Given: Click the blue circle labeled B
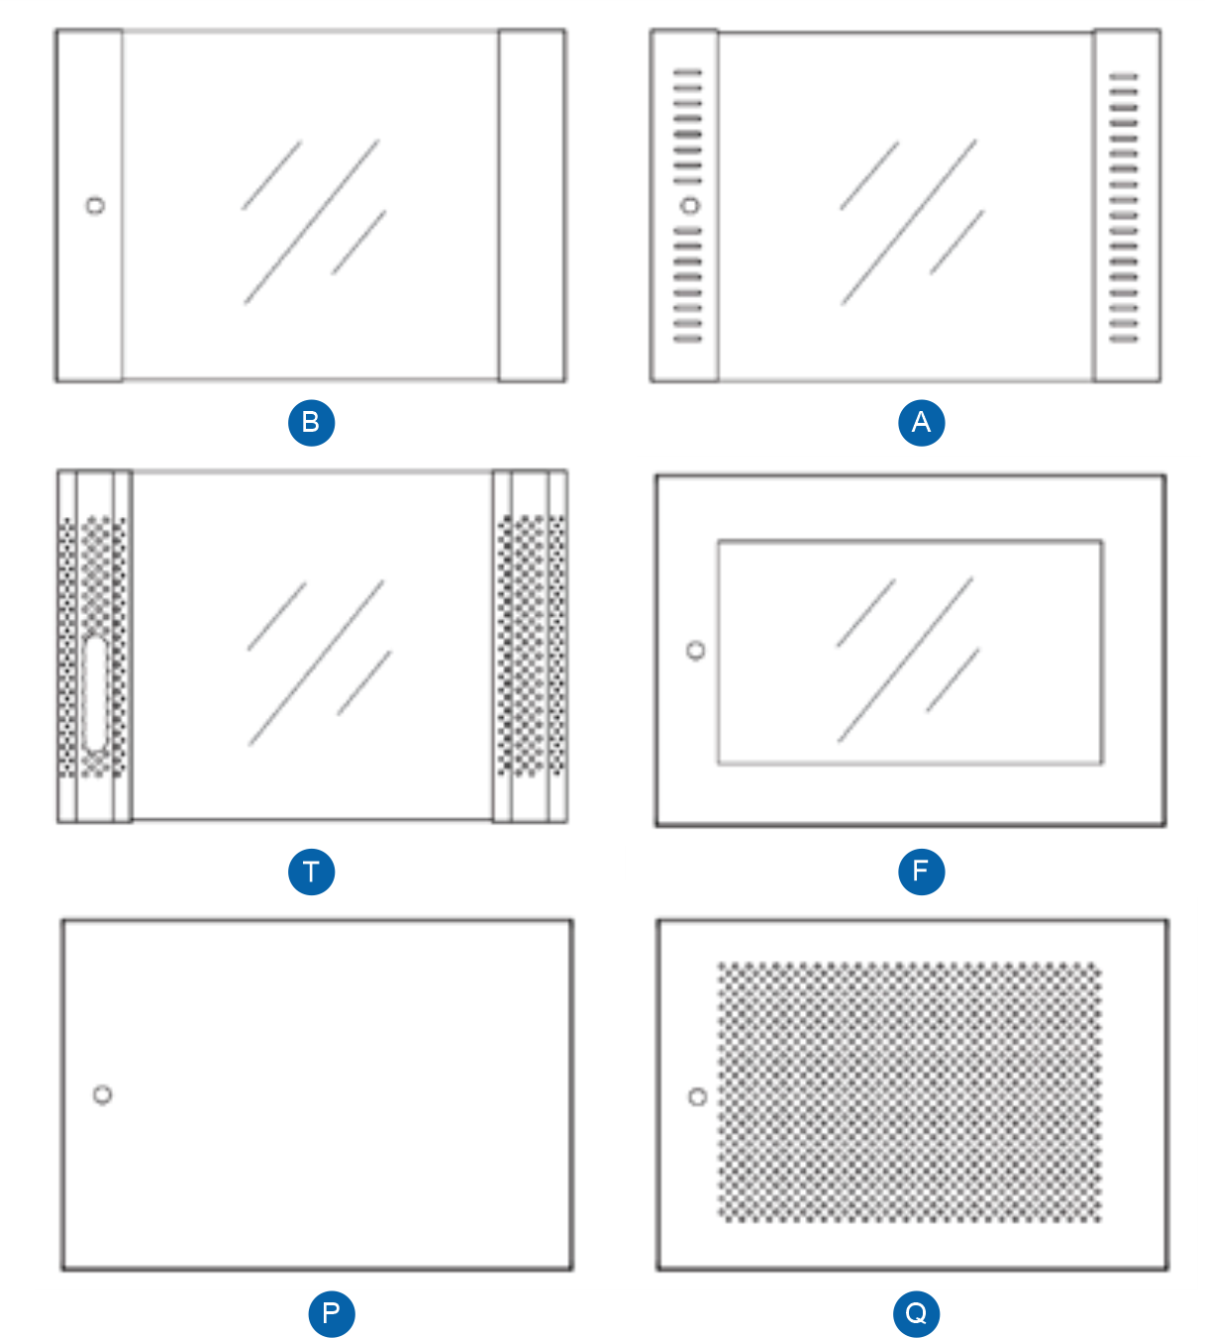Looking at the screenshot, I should click(x=311, y=423).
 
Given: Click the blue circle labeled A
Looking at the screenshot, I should click(x=921, y=423).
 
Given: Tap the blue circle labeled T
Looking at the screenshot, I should click(x=311, y=872).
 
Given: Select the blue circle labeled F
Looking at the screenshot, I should click(x=921, y=872).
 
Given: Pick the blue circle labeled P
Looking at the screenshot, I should click(x=331, y=1314).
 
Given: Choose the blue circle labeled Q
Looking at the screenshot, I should click(x=916, y=1314).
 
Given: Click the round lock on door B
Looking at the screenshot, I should click(x=95, y=206).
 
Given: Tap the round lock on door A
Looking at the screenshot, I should click(x=690, y=206).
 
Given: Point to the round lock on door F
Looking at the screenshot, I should click(x=696, y=651).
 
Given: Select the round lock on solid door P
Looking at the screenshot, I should click(x=102, y=1094).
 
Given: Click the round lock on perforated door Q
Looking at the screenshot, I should click(x=697, y=1097).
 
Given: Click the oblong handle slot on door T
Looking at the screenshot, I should click(x=96, y=693).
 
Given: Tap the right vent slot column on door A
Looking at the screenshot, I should click(x=1123, y=208).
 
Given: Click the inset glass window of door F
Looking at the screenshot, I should click(x=909, y=652).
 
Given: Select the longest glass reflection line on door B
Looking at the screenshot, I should click(x=312, y=221).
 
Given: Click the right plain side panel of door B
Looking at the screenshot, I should click(x=532, y=206).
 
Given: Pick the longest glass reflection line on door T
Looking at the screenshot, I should click(x=317, y=662).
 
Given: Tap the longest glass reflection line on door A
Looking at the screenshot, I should click(x=909, y=222).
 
